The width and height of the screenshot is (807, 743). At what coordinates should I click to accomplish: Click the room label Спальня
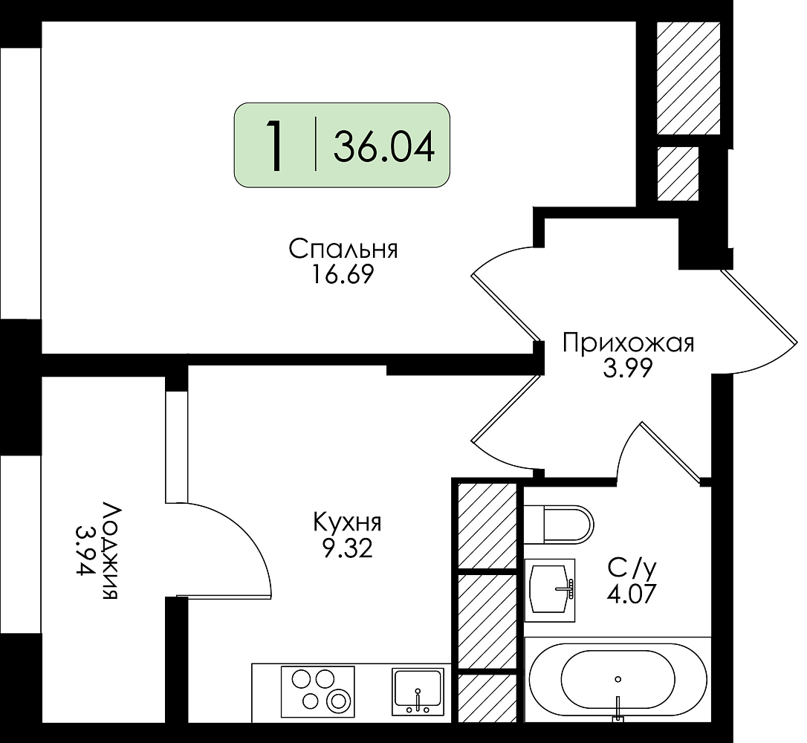point(343,250)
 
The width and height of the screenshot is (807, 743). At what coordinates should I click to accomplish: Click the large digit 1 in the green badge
point(276,145)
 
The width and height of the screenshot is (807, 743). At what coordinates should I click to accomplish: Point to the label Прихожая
point(628,343)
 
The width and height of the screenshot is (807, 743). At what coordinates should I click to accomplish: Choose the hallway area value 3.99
point(628,368)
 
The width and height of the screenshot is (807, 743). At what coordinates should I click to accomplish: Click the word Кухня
point(348,523)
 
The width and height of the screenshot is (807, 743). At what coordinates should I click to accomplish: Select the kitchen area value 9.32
point(348,549)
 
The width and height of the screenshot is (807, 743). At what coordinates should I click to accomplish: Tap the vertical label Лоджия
point(111,551)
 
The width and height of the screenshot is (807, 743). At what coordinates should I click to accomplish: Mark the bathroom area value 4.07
point(632,595)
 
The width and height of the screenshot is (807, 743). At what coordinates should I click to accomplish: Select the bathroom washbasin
point(550,590)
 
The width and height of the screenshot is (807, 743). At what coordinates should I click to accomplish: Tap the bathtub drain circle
point(618,679)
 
